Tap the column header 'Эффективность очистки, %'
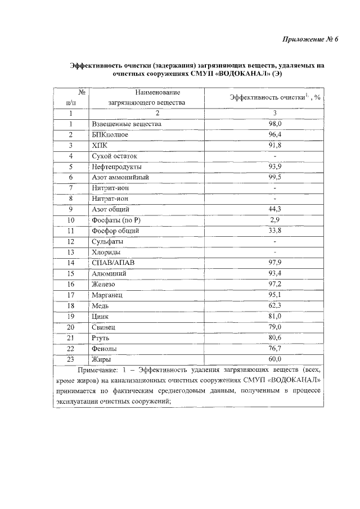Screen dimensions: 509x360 (274, 97)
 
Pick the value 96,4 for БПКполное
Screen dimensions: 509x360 (274, 134)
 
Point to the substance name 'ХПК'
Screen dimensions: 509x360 (98, 145)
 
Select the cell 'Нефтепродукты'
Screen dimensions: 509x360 (116, 167)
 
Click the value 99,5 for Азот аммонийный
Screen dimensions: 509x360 (274, 177)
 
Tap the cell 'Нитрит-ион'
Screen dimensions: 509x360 (110, 188)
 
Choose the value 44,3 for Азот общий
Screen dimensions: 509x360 (274, 209)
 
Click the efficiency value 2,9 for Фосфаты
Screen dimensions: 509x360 (274, 220)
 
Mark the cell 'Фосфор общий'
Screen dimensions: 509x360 (115, 231)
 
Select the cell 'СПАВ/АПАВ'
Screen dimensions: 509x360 (112, 263)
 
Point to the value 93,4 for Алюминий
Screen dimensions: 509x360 (274, 273)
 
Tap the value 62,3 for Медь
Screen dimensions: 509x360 (274, 305)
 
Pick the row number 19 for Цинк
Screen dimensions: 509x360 (71, 316)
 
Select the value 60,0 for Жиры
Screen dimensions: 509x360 (274, 359)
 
